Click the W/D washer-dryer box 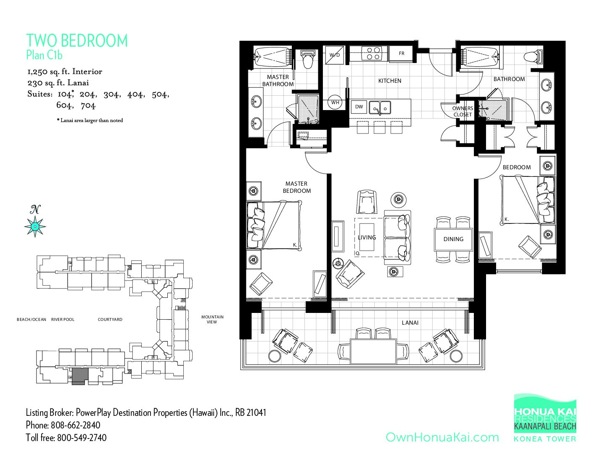click(335, 55)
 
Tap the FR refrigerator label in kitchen click(402, 53)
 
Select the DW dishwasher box click(359, 107)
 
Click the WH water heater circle click(335, 102)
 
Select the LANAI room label click(410, 323)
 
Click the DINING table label click(453, 239)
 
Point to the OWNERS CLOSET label click(462, 111)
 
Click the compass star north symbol click(35, 226)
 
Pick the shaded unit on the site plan click(80, 376)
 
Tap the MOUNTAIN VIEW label click(212, 319)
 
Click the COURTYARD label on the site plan click(110, 319)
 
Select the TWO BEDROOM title click(77, 41)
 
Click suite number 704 click(88, 105)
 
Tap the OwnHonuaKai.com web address click(442, 437)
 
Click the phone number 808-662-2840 click(75, 425)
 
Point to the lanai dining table click(373, 352)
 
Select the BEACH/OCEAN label click(32, 319)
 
